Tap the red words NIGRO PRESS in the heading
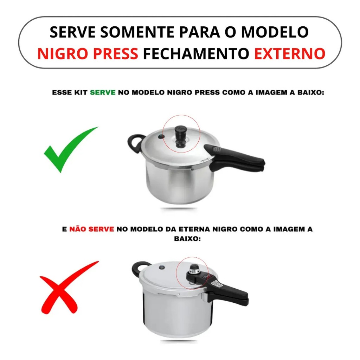pyautogui.click(x=88, y=53)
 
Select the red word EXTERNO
pyautogui.click(x=290, y=53)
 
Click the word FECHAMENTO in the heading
pyautogui.click(x=196, y=53)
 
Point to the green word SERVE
pyautogui.click(x=103, y=92)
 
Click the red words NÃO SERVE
pyautogui.click(x=92, y=229)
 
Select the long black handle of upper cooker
pyautogui.click(x=234, y=159)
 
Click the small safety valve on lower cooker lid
pyautogui.click(x=162, y=267)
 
